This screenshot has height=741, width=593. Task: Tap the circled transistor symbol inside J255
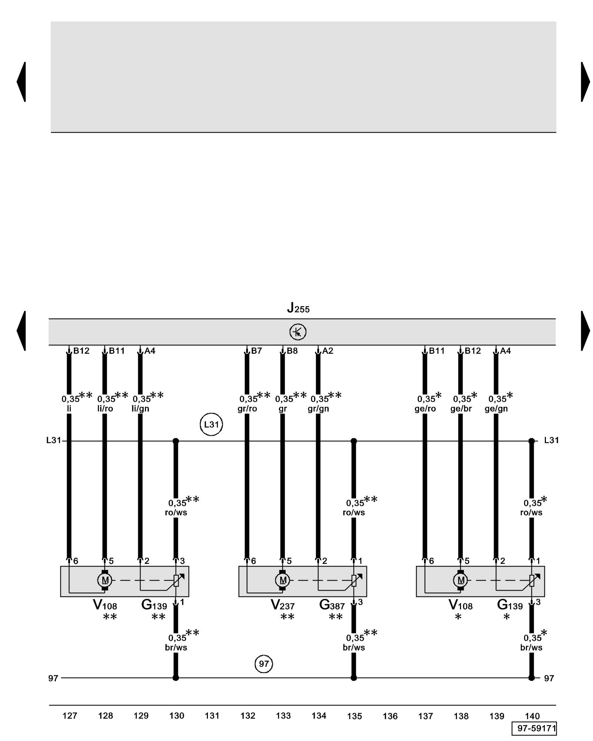click(x=298, y=332)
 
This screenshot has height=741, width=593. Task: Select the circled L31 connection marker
click(x=211, y=424)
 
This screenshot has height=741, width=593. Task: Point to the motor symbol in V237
click(x=283, y=580)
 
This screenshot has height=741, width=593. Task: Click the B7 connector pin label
click(x=256, y=351)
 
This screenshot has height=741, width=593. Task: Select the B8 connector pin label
click(x=292, y=351)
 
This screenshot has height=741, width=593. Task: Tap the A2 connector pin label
click(x=328, y=351)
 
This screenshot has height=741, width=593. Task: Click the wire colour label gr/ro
click(x=247, y=409)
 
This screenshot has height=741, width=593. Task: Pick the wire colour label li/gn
click(x=140, y=409)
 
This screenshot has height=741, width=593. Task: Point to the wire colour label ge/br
click(x=461, y=409)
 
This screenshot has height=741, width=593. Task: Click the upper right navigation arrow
click(x=585, y=82)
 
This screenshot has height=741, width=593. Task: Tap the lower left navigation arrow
click(x=21, y=331)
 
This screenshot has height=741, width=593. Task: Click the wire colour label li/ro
click(x=105, y=409)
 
